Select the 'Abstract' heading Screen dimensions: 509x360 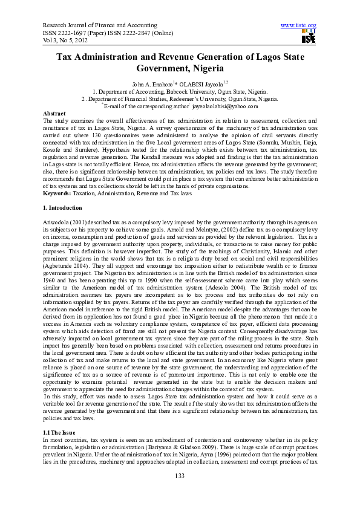click(x=54, y=114)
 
